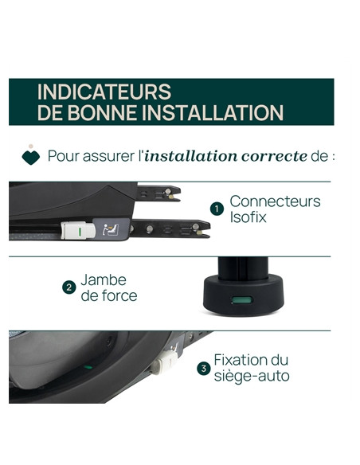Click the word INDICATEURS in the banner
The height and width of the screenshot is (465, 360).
(x=104, y=92)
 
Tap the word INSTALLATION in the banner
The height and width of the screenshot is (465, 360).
(x=213, y=113)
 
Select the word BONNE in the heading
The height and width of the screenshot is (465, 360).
(x=103, y=113)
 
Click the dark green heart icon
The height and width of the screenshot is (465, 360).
(x=31, y=157)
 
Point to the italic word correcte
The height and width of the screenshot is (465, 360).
(x=274, y=156)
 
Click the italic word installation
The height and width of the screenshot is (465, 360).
(x=191, y=156)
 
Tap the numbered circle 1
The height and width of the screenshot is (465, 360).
(x=217, y=209)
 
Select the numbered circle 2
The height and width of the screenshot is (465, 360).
(x=69, y=287)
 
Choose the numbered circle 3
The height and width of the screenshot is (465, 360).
(x=204, y=369)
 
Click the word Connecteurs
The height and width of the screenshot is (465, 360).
(x=275, y=201)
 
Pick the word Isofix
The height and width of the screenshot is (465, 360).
(x=248, y=217)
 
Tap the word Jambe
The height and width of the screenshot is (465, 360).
(x=104, y=279)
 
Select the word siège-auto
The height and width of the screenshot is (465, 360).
(x=252, y=377)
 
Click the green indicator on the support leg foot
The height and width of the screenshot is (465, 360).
(x=242, y=300)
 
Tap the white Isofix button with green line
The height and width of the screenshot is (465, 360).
(x=78, y=230)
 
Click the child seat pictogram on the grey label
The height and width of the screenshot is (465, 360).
(x=111, y=230)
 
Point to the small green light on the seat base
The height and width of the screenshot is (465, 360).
(x=88, y=367)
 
